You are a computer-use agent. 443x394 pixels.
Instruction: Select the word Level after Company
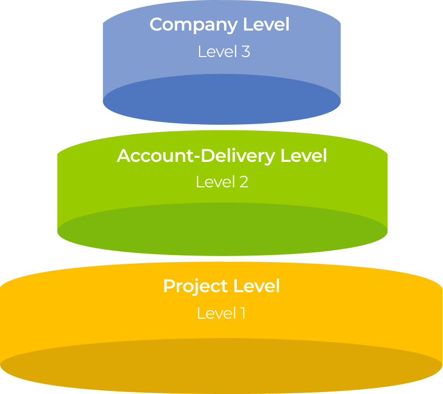(266, 24)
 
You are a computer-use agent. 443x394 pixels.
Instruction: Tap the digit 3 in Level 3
(245, 51)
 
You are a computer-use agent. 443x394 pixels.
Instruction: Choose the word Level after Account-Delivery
(304, 156)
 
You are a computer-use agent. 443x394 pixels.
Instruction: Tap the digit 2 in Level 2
(243, 182)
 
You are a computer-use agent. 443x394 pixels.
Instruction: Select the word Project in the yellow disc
(196, 287)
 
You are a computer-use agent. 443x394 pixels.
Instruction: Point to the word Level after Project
(257, 286)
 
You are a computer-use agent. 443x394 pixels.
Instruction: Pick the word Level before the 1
(215, 313)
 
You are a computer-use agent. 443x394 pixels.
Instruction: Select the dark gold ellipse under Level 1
(221, 367)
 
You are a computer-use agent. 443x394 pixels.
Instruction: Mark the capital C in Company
(157, 24)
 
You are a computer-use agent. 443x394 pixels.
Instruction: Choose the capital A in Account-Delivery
(124, 156)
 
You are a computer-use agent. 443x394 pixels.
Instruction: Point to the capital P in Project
(169, 286)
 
